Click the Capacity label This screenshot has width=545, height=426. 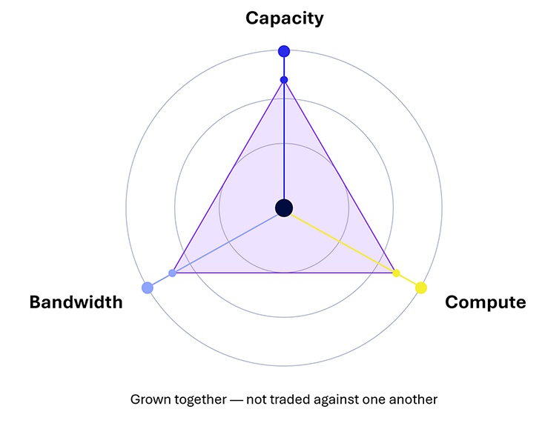284,19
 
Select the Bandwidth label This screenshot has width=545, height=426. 76,302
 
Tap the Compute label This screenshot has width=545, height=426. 485,302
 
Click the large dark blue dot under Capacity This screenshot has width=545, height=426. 284,51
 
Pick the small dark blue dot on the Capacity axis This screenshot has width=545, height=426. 284,80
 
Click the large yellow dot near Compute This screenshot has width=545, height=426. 421,287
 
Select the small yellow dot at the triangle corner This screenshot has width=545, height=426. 396,273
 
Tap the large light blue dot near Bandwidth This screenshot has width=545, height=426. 148,287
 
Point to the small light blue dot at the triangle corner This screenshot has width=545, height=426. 172,273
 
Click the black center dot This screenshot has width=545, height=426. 284,208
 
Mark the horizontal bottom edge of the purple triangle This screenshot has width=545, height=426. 284,273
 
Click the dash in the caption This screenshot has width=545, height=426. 237,400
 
